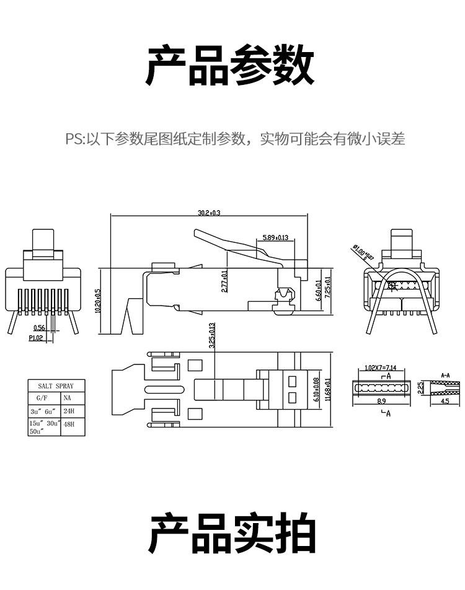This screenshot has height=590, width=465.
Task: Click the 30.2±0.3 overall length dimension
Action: click(x=209, y=213)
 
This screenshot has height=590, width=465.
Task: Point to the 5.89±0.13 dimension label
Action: click(x=275, y=237)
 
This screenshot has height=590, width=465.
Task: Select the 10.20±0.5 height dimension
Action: click(x=98, y=301)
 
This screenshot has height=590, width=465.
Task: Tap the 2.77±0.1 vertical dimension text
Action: click(x=224, y=280)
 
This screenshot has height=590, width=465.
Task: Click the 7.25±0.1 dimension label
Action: click(x=328, y=286)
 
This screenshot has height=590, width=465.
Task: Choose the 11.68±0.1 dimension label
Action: click(x=328, y=390)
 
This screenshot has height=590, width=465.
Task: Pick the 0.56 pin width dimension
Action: click(x=40, y=328)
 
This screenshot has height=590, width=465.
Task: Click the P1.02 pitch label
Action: click(x=37, y=338)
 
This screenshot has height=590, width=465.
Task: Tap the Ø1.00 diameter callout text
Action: click(x=363, y=252)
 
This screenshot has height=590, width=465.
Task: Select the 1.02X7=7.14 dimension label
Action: click(x=380, y=368)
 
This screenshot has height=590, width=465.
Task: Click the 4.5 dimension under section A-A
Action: click(x=445, y=402)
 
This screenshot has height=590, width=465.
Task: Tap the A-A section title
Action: click(x=445, y=376)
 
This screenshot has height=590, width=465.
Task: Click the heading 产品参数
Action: click(x=231, y=66)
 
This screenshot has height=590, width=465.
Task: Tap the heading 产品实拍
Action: click(x=232, y=534)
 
